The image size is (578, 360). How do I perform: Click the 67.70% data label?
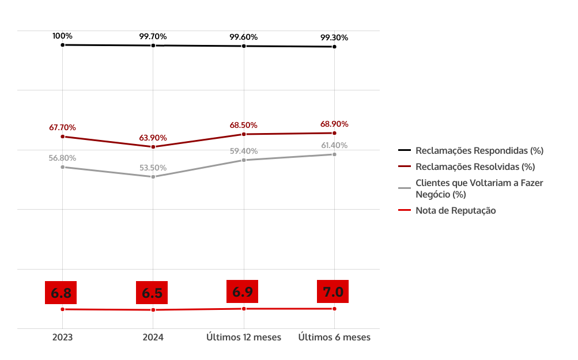pyautogui.click(x=62, y=127)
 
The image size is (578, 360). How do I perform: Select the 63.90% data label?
pyautogui.click(x=153, y=138)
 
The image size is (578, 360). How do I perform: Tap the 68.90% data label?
pyautogui.click(x=334, y=124)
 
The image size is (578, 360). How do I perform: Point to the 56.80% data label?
pyautogui.click(x=62, y=158)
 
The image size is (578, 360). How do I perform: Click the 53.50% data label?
pyautogui.click(x=153, y=168)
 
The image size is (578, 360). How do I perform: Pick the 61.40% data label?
pyautogui.click(x=334, y=145)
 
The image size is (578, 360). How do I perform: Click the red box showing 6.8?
pyautogui.click(x=61, y=293)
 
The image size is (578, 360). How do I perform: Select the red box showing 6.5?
pyautogui.click(x=152, y=293)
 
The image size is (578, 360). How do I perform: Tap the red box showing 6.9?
pyautogui.click(x=242, y=291)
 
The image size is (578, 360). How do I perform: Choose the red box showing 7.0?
pyautogui.click(x=333, y=292)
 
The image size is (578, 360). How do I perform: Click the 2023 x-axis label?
pyautogui.click(x=62, y=338)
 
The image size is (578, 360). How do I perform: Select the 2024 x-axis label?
pyautogui.click(x=153, y=338)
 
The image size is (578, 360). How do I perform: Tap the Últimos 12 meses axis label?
pyautogui.click(x=244, y=338)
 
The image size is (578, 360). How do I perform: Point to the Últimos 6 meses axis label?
pyautogui.click(x=334, y=338)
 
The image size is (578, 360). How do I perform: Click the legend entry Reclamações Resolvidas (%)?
pyautogui.click(x=475, y=166)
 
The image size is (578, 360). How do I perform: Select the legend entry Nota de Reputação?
pyautogui.click(x=455, y=210)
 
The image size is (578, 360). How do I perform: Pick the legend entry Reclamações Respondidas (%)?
pyautogui.click(x=479, y=150)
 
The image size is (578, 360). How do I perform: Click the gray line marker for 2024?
pyautogui.click(x=153, y=177)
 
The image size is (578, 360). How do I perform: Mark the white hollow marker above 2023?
pyautogui.click(x=62, y=45)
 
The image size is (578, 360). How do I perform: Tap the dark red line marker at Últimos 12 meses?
pyautogui.click(x=244, y=134)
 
